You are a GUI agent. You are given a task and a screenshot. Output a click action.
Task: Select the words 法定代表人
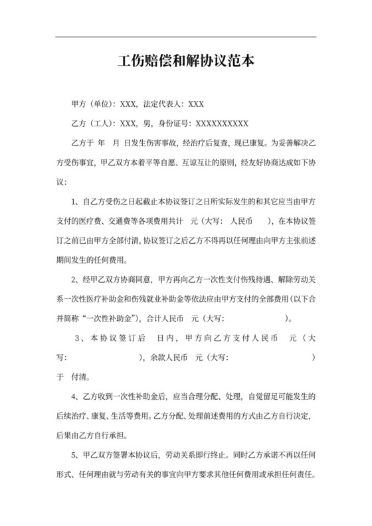click(163, 104)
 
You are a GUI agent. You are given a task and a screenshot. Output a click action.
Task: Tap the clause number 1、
click(74, 201)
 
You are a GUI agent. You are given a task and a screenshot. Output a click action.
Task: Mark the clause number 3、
click(80, 338)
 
